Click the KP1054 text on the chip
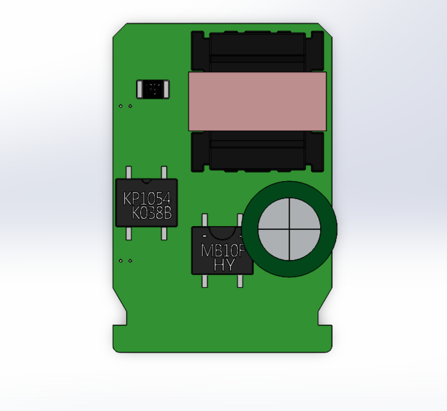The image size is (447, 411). tap(146, 199)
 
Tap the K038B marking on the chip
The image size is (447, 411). tap(152, 214)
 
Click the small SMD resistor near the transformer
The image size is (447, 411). tap(154, 89)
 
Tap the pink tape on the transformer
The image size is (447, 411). tap(257, 101)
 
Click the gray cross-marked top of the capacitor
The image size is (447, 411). tap(289, 228)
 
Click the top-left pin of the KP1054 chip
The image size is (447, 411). tap(129, 172)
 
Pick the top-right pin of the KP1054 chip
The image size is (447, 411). tap(164, 172)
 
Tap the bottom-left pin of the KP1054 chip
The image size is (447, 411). tap(129, 233)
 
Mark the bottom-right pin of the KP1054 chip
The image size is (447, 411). tap(164, 233)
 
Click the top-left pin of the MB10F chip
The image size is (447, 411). tap(205, 220)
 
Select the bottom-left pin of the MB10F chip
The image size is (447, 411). tap(205, 281)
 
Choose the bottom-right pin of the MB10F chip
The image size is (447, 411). tap(240, 281)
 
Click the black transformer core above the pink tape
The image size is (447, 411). tap(257, 51)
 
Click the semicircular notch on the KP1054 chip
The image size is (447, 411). tap(147, 180)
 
